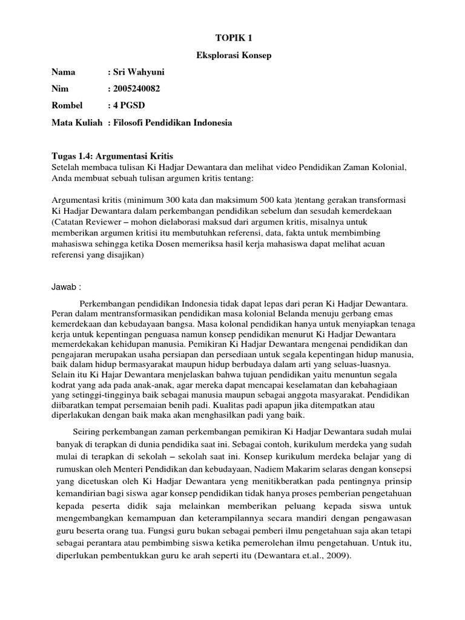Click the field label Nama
64,72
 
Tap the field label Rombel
67,106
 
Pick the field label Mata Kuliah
77,123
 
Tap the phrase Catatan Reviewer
85,222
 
